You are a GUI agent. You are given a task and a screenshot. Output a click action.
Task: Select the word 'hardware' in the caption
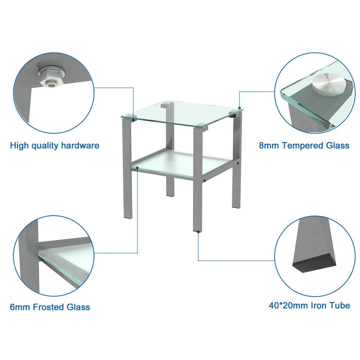point(80,145)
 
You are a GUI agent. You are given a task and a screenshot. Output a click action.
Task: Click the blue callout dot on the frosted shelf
point(137,168)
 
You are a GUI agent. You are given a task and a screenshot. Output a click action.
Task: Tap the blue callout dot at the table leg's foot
point(198,232)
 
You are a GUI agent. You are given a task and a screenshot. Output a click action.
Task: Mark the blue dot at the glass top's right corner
point(239,108)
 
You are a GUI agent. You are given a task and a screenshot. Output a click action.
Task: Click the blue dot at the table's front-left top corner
point(134,120)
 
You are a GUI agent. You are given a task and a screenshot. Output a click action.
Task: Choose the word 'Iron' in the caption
point(319,306)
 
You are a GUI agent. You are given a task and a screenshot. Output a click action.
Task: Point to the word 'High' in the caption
point(19,146)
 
